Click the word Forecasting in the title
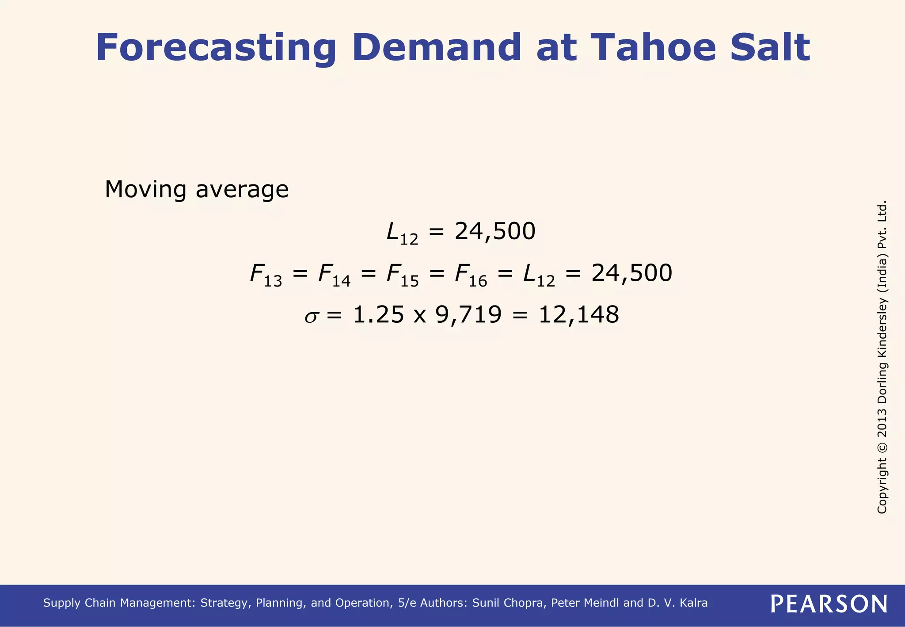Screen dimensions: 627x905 coord(216,48)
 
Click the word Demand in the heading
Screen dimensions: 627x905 coord(437,47)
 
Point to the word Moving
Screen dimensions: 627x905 coord(145,190)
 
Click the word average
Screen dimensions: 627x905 coord(242,190)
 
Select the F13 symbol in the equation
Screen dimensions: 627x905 coord(266,275)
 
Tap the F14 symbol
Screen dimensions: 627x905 coord(334,275)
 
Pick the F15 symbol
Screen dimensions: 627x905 coord(402,275)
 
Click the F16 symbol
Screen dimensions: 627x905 coord(471,275)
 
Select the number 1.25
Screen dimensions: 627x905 coord(379,315)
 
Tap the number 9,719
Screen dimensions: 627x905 coord(469,315)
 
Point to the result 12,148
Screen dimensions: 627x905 coord(578,315)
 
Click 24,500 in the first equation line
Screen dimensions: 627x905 coord(495,231)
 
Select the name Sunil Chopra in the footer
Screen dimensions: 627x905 coord(508,603)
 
